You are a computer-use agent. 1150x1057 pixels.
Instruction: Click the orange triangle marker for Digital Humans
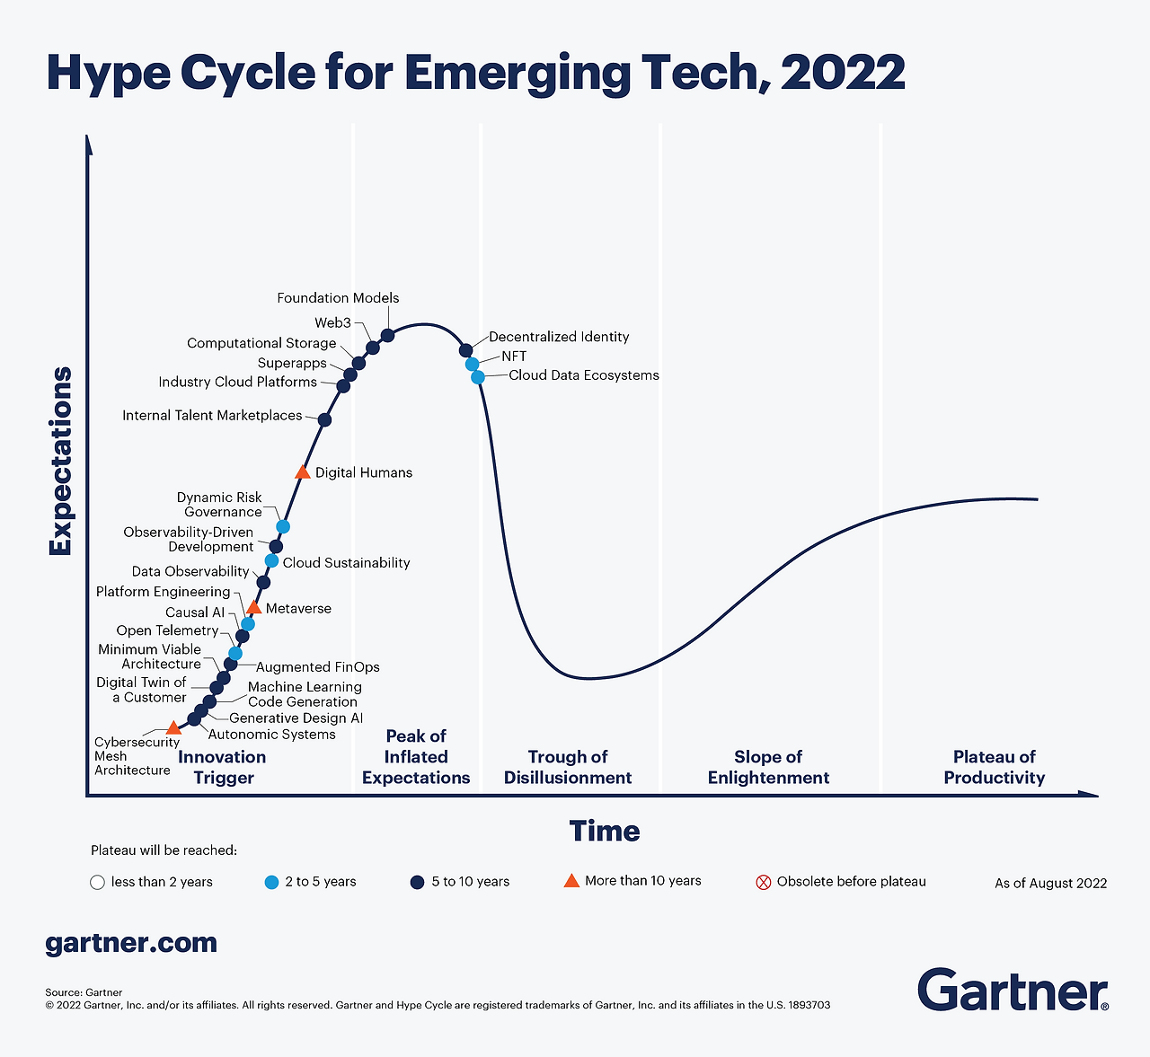(x=303, y=472)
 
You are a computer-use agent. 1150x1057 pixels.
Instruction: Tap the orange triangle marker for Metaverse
(x=253, y=608)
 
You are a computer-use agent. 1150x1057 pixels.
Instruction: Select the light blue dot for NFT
(x=472, y=364)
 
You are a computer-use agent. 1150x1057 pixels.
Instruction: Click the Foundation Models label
(x=338, y=298)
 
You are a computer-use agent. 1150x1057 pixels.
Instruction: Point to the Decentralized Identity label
(x=559, y=337)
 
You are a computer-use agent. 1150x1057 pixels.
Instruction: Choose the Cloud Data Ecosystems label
(x=584, y=375)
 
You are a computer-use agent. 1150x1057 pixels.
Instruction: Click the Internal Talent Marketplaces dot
(x=325, y=419)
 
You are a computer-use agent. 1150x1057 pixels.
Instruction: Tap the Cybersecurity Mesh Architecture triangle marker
(x=173, y=727)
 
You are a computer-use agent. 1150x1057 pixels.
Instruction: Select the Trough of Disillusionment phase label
(x=568, y=768)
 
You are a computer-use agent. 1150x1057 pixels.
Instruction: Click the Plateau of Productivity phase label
(x=995, y=768)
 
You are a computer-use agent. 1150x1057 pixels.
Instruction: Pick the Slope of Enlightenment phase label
(x=768, y=768)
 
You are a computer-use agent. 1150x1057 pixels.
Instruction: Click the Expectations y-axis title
(x=61, y=461)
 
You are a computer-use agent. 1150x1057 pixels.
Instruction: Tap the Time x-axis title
(x=605, y=832)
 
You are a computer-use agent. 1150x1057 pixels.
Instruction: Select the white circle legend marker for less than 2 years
(x=98, y=882)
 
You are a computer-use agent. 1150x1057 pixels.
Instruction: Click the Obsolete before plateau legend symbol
(x=764, y=882)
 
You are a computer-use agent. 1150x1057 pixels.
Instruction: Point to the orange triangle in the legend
(x=571, y=880)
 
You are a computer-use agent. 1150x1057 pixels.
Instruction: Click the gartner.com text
(x=131, y=943)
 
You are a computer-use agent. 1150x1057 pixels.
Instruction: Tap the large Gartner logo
(x=1013, y=990)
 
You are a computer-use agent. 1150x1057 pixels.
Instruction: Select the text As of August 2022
(x=1050, y=884)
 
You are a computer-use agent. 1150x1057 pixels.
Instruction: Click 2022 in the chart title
(x=843, y=73)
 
